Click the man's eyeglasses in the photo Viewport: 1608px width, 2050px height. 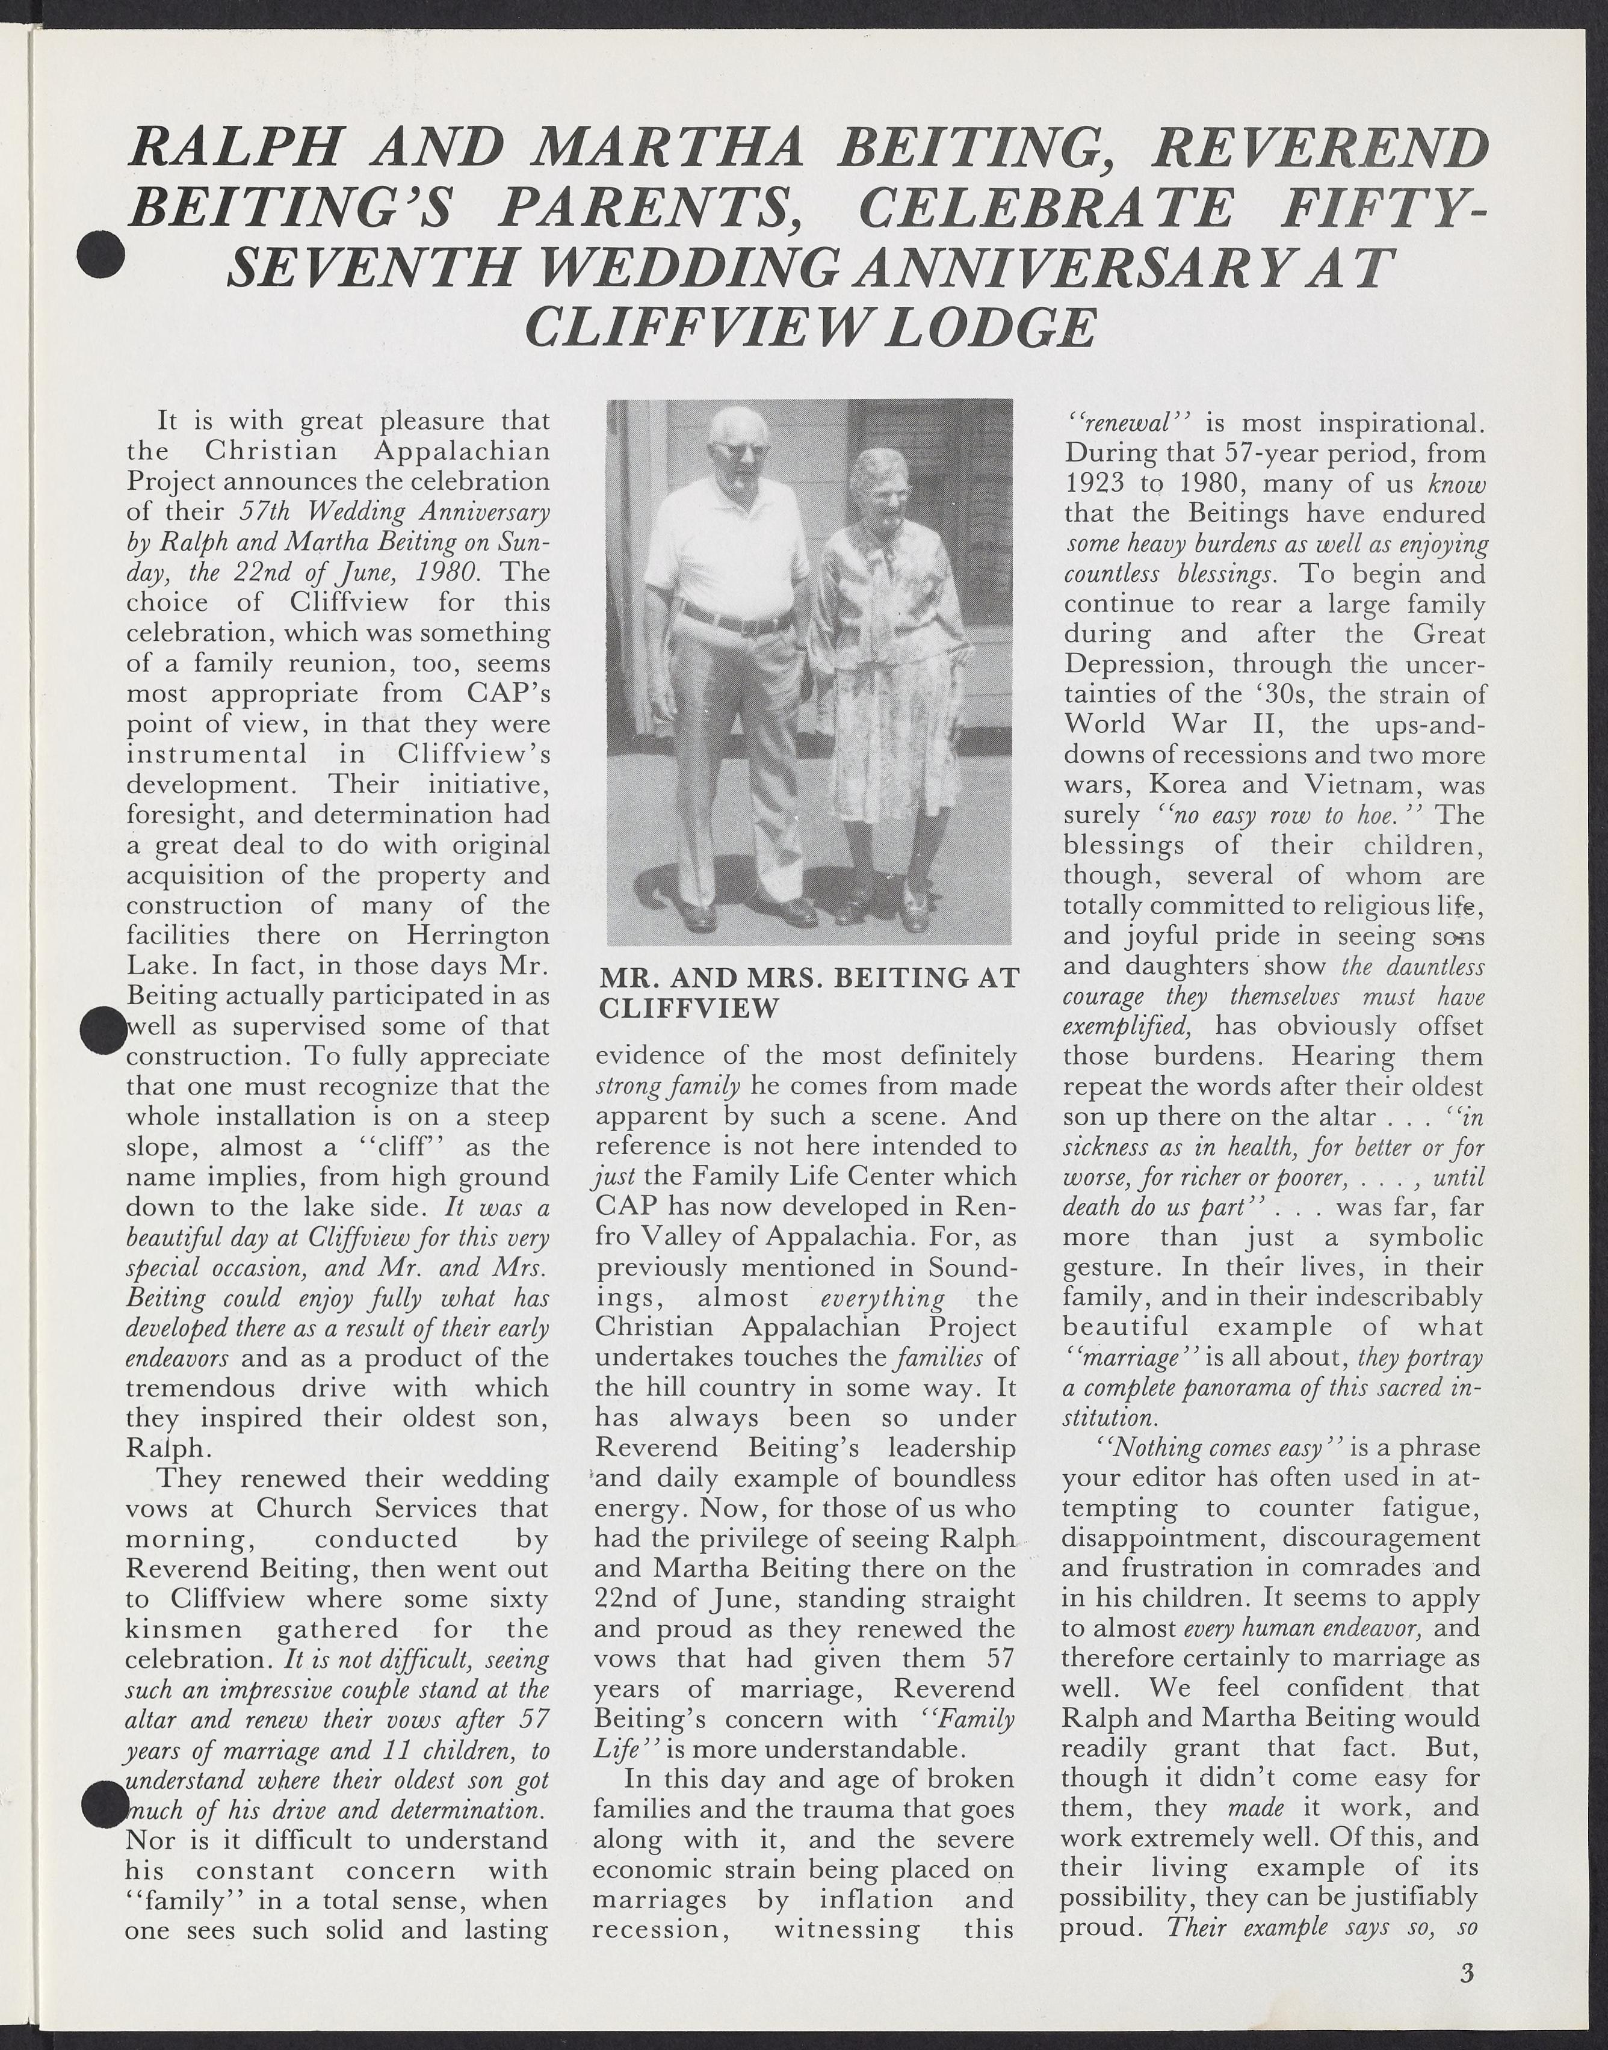[x=735, y=451]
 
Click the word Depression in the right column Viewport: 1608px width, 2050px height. [x=1131, y=664]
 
